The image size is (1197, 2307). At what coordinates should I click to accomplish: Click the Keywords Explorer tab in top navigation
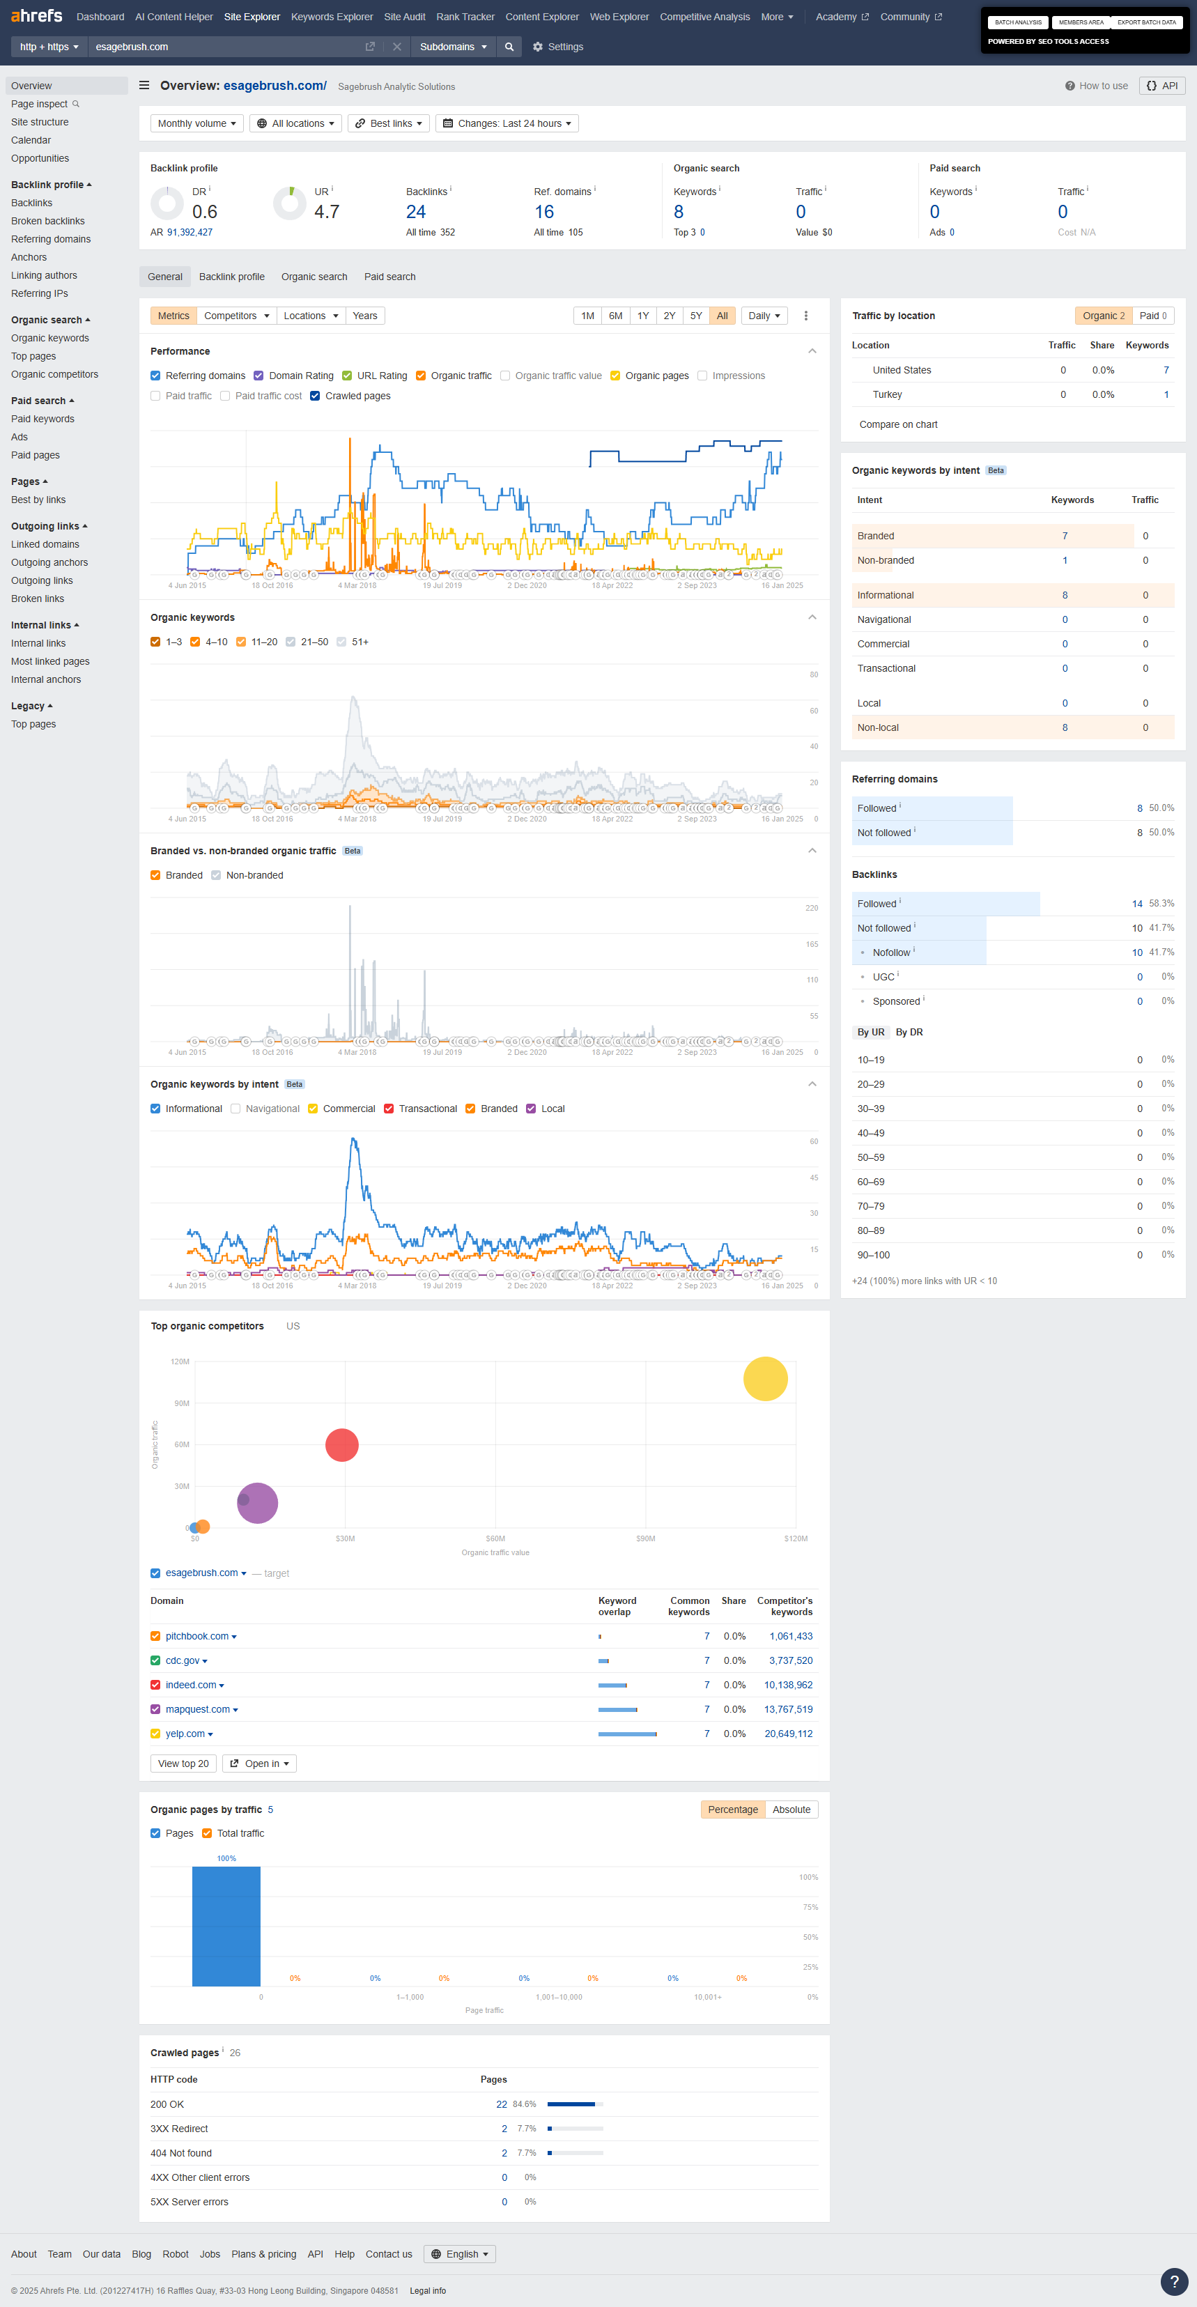coord(331,17)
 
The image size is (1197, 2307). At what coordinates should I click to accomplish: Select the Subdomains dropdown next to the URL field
coord(453,47)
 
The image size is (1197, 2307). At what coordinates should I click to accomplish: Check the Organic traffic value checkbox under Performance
coord(506,376)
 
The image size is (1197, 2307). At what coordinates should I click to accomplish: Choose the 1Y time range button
coord(643,316)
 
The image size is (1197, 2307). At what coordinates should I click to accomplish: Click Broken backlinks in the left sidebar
coord(47,221)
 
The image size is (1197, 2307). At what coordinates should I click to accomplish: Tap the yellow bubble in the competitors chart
coord(764,1378)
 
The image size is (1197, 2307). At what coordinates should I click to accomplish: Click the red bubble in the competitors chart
coord(342,1444)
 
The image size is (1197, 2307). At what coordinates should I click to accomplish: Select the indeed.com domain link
coord(191,1685)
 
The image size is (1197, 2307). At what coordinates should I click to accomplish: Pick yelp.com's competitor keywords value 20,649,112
coord(788,1734)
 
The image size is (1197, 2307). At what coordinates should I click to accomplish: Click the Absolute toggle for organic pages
coord(791,1809)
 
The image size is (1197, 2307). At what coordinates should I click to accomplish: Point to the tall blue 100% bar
coord(226,1925)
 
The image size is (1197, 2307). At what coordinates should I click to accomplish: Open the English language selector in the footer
coord(460,2254)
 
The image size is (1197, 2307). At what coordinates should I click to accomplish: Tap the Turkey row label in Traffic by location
coord(887,395)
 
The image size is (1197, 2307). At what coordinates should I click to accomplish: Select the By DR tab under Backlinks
coord(909,1033)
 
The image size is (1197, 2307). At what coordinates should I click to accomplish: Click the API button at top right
coord(1162,86)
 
